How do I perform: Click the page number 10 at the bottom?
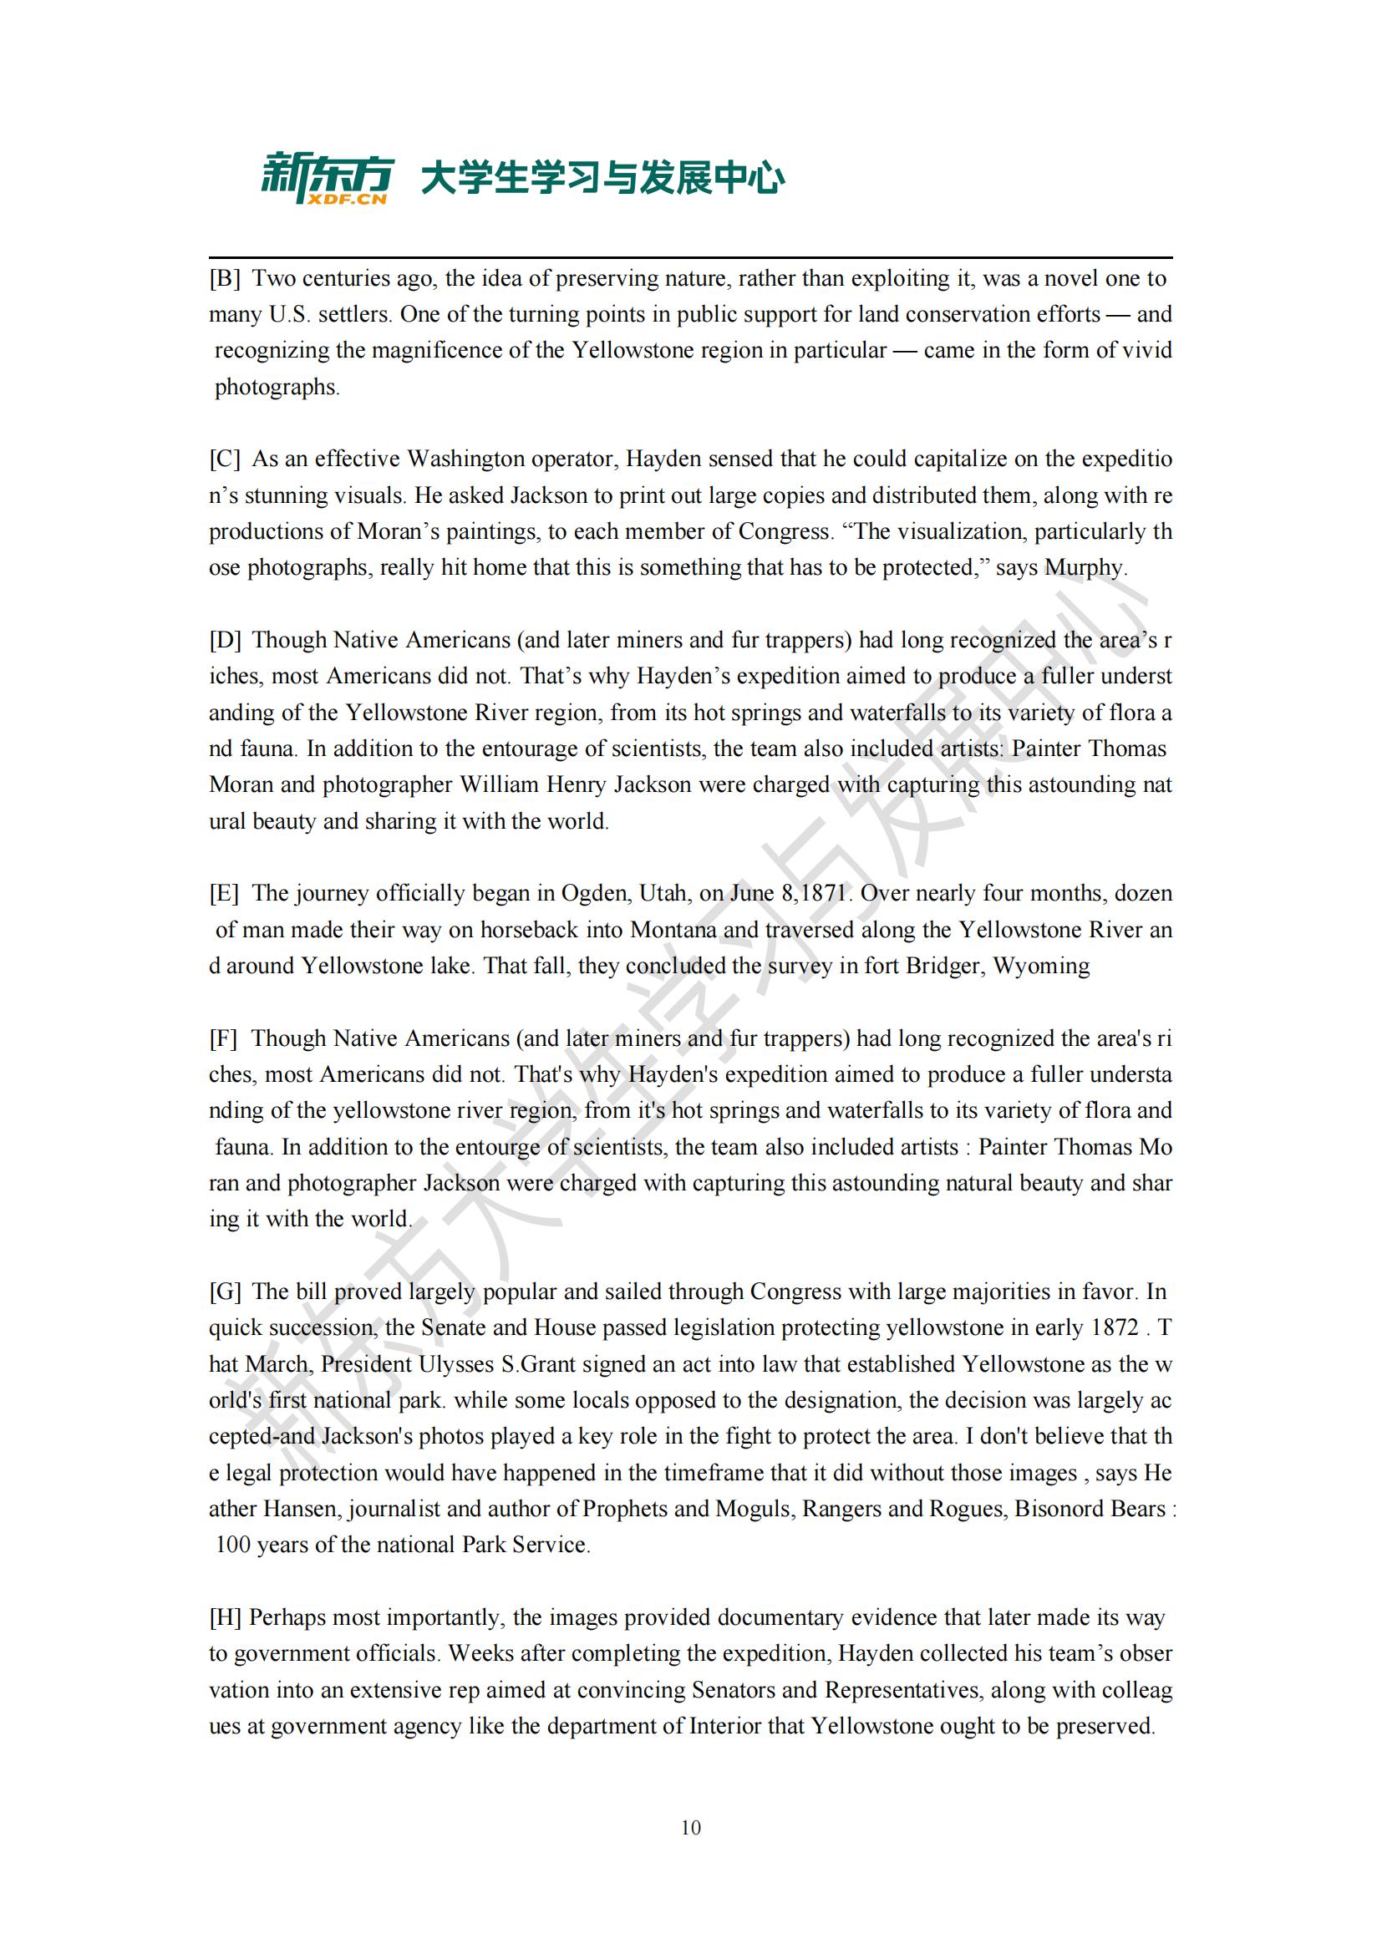click(x=691, y=1826)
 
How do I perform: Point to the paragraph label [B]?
click(x=225, y=278)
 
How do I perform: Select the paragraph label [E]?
click(x=224, y=893)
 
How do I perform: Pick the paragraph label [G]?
click(x=226, y=1291)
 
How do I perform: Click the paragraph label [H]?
click(x=226, y=1617)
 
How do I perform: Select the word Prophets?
click(x=626, y=1509)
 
